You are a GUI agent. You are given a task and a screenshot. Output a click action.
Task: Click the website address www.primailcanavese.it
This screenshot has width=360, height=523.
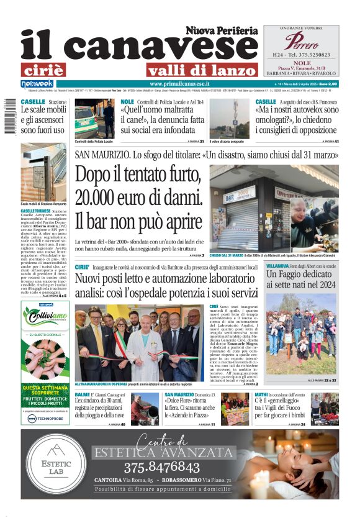[x=180, y=83]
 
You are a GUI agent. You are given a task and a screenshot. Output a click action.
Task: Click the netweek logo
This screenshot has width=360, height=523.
[x=37, y=83]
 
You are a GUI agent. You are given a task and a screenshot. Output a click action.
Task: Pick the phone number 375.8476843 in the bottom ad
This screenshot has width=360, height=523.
[x=161, y=467]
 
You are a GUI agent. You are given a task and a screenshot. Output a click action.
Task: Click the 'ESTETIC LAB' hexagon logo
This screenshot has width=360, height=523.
[x=56, y=464]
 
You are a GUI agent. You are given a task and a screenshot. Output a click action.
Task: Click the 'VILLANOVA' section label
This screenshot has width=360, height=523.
[x=281, y=265]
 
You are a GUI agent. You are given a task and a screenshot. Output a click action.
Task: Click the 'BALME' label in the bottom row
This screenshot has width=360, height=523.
[x=82, y=395]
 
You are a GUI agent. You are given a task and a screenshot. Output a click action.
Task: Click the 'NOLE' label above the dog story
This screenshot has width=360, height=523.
[x=127, y=101]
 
